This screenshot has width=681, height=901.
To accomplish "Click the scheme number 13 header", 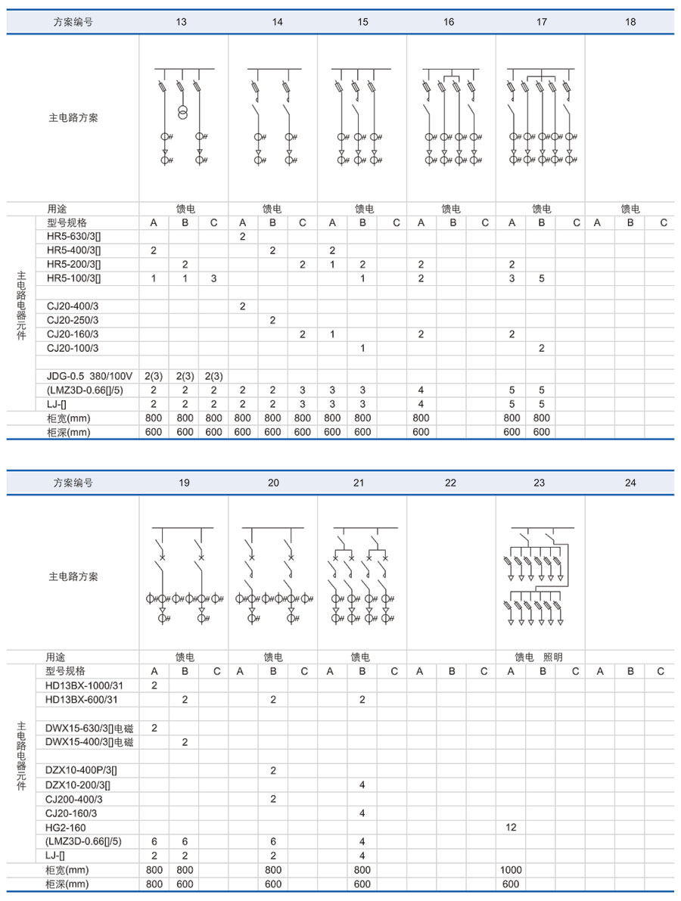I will click(x=182, y=22).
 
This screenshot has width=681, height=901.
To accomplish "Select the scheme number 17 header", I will click(x=542, y=22).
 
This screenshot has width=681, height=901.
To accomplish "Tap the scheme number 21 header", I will click(x=362, y=483).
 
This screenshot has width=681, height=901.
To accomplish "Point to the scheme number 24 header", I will click(x=630, y=483).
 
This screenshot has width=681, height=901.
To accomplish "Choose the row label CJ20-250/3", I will click(x=73, y=320).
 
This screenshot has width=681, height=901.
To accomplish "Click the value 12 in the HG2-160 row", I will click(x=511, y=827).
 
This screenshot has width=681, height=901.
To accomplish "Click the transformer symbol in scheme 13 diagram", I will click(x=182, y=113).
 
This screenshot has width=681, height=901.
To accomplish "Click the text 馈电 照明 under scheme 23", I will click(x=539, y=657).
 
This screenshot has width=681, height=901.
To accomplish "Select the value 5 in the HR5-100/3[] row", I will click(x=541, y=278).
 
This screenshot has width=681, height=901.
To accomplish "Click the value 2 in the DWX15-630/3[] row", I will click(x=154, y=728).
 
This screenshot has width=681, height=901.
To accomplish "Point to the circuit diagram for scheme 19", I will click(x=184, y=575).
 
